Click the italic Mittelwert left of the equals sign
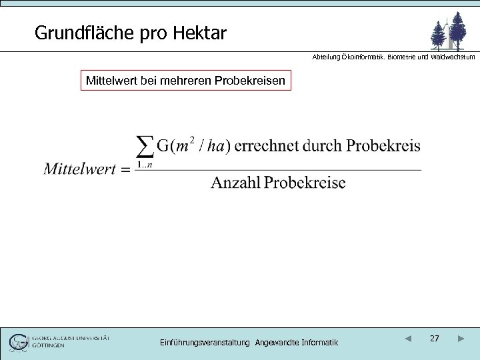click(x=80, y=168)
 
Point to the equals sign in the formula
click(x=125, y=169)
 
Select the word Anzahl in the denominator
click(x=235, y=183)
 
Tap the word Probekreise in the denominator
click(x=305, y=183)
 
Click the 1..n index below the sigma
click(x=145, y=165)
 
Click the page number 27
click(x=434, y=339)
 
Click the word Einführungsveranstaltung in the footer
click(x=205, y=343)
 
